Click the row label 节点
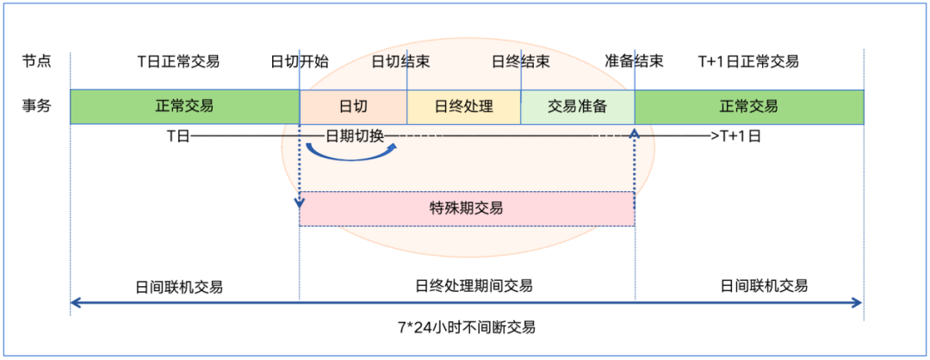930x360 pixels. coord(36,62)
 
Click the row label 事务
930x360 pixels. coord(36,106)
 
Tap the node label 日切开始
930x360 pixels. coord(299,62)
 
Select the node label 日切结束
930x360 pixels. coord(401,62)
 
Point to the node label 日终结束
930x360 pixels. coord(521,62)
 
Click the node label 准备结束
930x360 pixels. coord(634,62)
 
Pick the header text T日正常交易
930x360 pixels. coord(178,62)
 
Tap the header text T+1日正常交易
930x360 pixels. coord(747,62)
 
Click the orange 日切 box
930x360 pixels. coord(353,107)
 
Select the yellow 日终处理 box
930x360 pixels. coord(463,107)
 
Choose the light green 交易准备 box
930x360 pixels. coord(578,107)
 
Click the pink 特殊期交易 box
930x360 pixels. coord(466,208)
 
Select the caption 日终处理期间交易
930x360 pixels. coord(474,286)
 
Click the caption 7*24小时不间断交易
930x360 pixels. coord(466,327)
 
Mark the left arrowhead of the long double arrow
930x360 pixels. coord(75,302)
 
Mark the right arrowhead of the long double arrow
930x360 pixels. coord(858,302)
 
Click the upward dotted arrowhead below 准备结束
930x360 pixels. coord(635,133)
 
